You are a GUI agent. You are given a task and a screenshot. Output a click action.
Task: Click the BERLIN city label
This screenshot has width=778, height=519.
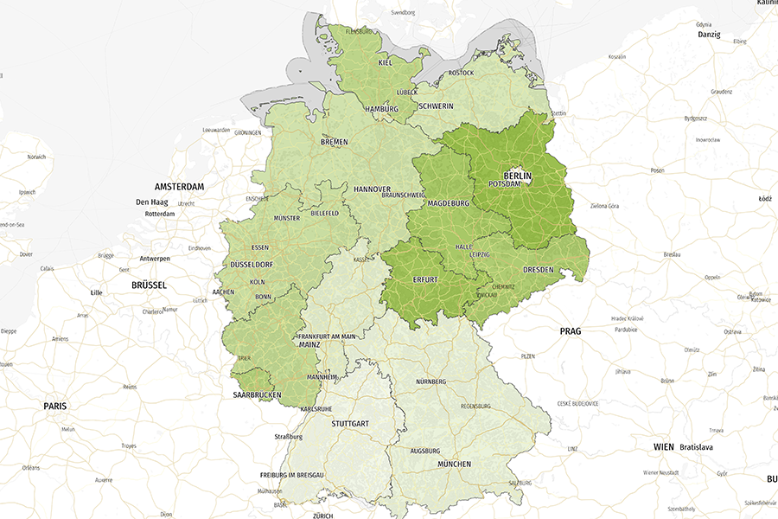click(517, 176)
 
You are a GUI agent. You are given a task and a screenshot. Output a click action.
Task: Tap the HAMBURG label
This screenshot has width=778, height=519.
click(381, 109)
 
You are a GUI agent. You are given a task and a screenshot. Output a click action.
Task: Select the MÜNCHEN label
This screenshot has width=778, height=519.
click(454, 465)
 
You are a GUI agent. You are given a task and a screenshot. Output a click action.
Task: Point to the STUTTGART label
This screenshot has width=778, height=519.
click(350, 424)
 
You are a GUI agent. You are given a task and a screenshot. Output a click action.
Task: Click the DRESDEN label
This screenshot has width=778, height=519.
click(537, 270)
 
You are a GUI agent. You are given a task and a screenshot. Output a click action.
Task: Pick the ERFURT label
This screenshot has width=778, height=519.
click(425, 280)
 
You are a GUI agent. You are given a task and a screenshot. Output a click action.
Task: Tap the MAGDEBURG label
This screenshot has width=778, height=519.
click(448, 203)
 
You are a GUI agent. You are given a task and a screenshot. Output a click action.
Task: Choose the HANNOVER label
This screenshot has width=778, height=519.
click(372, 189)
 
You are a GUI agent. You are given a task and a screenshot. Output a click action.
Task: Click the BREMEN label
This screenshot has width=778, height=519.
click(334, 141)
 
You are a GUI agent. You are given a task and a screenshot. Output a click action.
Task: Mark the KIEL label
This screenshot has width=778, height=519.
click(386, 62)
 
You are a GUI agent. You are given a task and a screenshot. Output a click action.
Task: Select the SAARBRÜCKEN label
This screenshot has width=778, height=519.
click(257, 395)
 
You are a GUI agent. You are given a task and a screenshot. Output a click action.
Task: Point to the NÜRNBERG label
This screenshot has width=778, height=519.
click(430, 381)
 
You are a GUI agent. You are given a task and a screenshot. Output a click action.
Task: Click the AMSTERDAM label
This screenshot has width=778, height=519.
click(179, 187)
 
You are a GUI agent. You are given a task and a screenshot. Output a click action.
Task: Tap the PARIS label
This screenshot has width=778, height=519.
click(55, 406)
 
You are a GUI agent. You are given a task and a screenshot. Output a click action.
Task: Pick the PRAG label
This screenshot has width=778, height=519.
click(571, 331)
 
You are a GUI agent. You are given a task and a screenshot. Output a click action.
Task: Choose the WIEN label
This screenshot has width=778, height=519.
click(663, 446)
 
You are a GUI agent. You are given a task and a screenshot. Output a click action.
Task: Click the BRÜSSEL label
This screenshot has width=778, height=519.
click(148, 285)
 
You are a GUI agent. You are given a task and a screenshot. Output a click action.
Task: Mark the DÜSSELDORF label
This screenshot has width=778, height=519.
click(252, 264)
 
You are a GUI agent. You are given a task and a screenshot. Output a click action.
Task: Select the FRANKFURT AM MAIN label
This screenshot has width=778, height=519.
click(326, 336)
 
